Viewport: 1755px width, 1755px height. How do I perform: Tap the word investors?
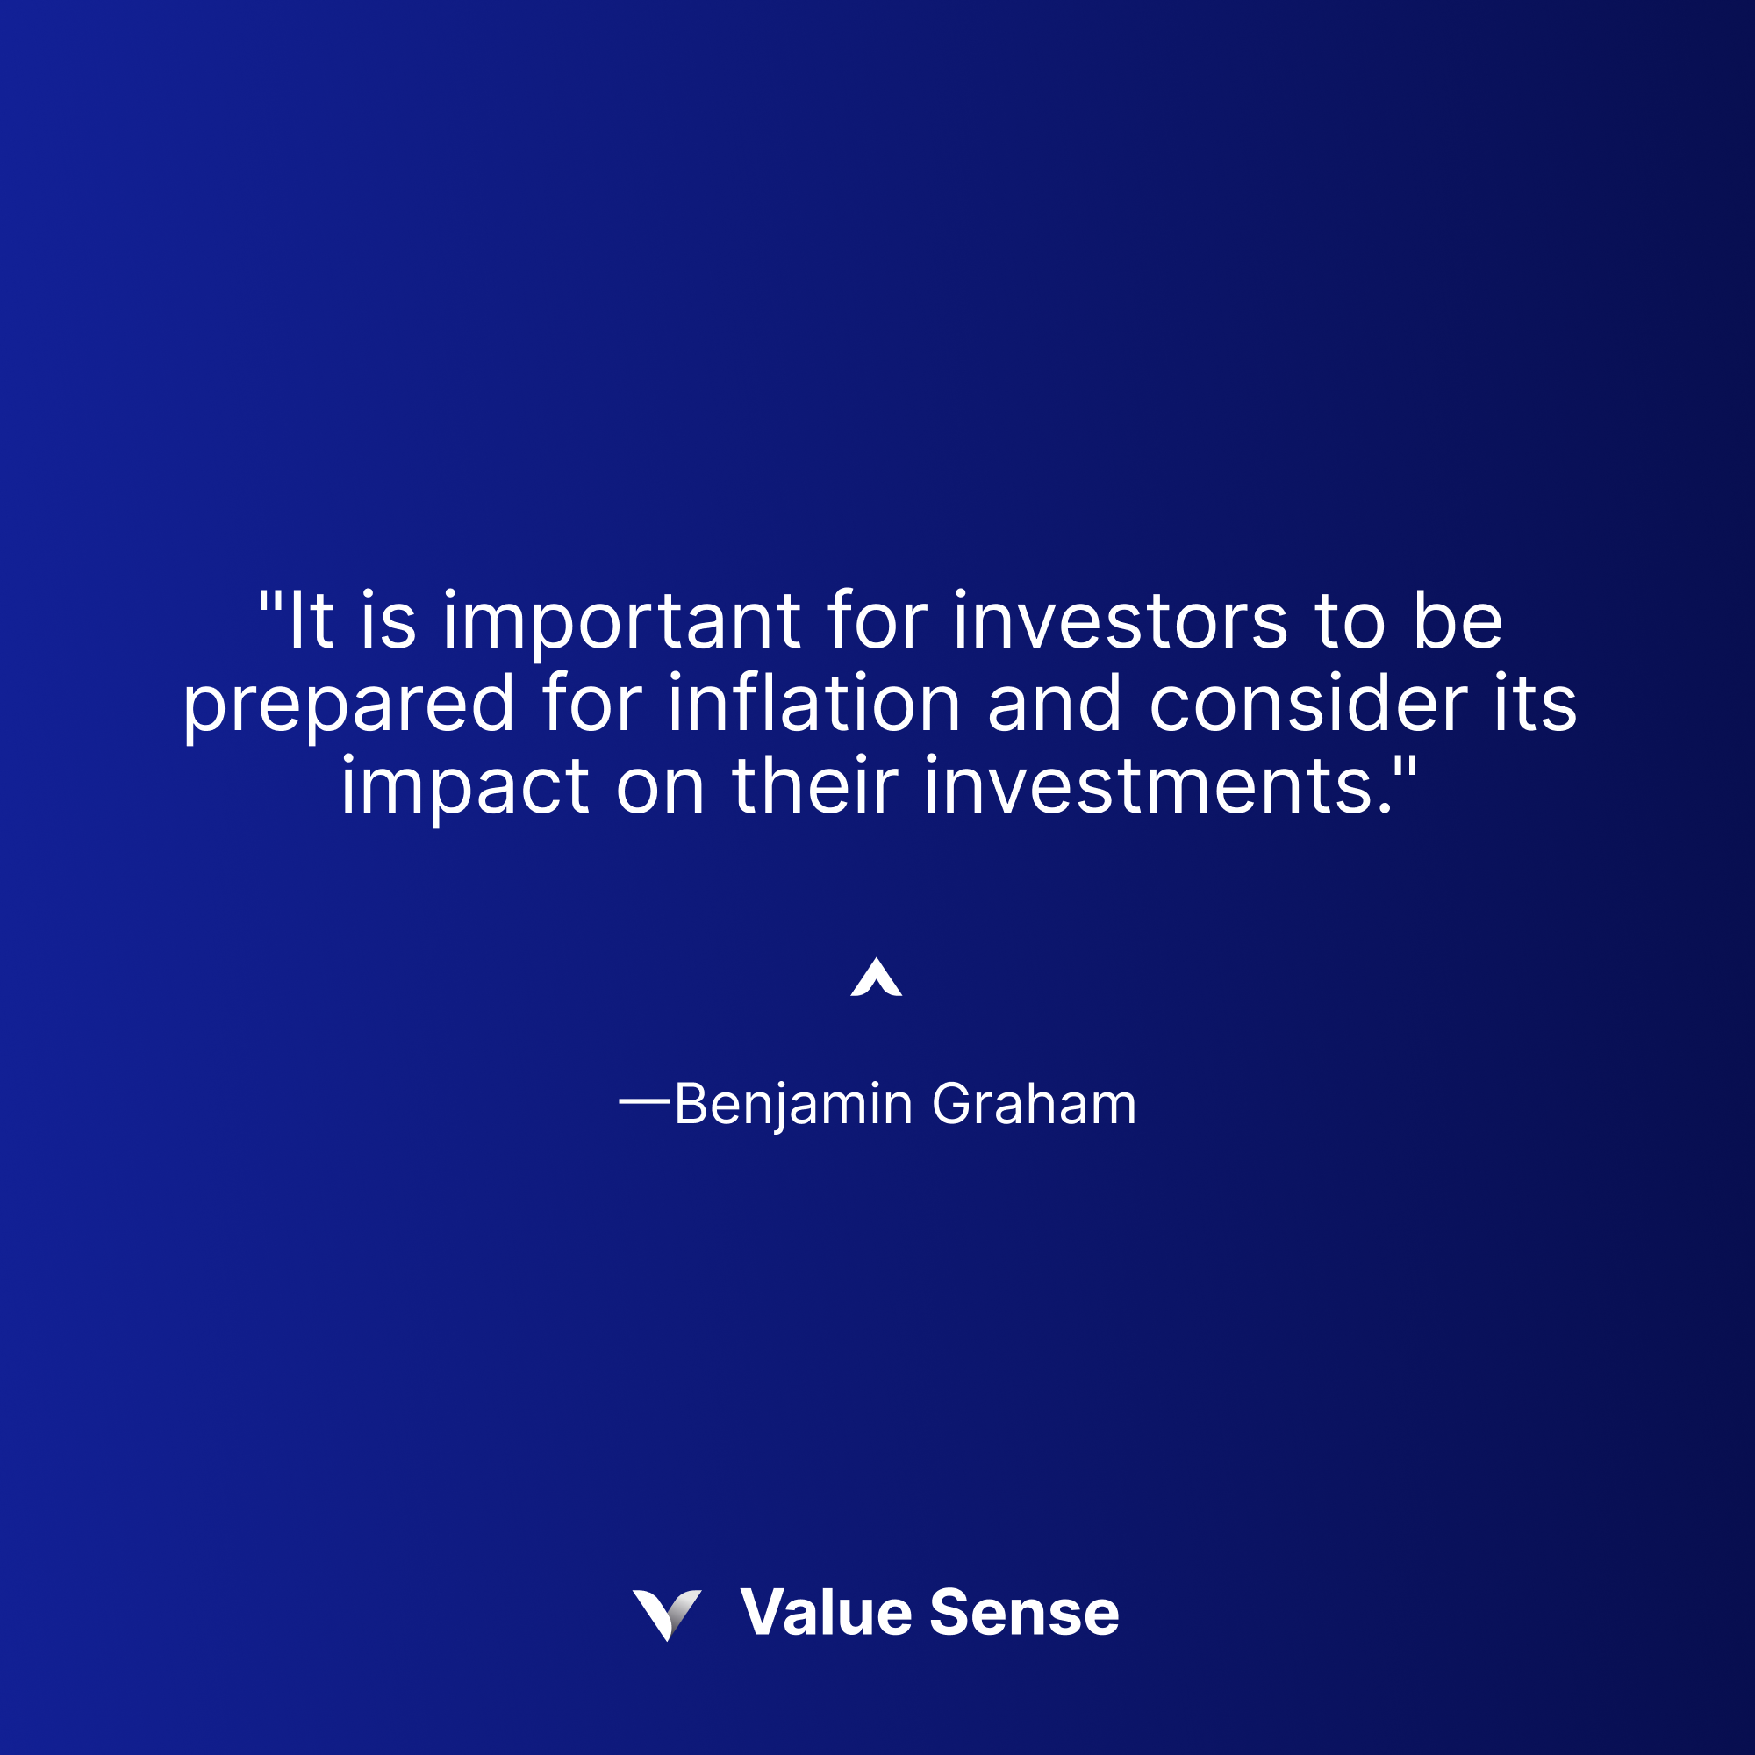coord(1120,622)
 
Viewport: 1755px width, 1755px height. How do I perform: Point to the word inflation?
coord(815,704)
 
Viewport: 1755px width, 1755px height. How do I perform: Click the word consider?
coord(1309,704)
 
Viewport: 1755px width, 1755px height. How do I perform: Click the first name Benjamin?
coord(793,1106)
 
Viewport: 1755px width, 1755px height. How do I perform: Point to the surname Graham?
coord(1035,1104)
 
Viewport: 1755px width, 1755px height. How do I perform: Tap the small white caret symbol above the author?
coord(877,978)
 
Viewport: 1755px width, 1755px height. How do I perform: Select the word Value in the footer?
coord(826,1614)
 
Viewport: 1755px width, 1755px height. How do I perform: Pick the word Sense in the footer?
coord(1025,1614)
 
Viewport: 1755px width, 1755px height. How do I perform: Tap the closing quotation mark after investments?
coord(1405,766)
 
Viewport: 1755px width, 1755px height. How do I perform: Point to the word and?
coord(1055,704)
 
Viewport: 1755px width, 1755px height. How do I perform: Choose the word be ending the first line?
coord(1458,622)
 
